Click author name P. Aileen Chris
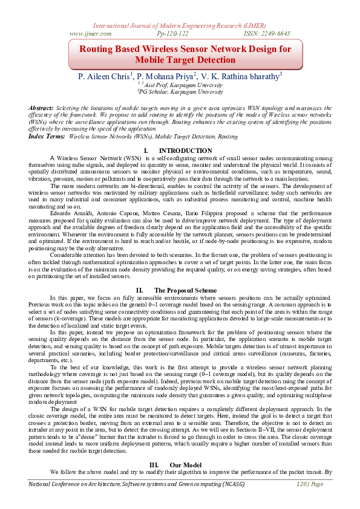[x=105, y=77]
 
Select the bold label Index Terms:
[x=47, y=137]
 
